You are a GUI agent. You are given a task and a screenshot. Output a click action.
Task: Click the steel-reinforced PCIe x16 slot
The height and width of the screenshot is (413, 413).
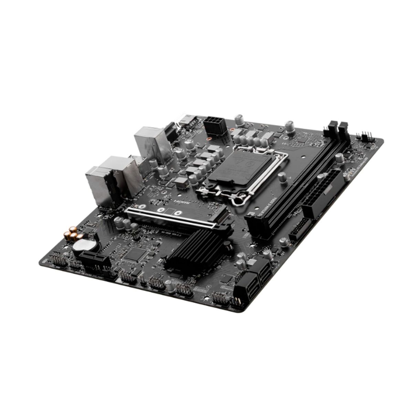click(x=172, y=218)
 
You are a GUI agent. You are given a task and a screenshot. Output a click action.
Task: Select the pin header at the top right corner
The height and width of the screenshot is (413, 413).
click(x=364, y=136)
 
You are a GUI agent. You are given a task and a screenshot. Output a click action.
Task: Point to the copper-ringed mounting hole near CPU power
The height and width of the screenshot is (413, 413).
click(x=209, y=140)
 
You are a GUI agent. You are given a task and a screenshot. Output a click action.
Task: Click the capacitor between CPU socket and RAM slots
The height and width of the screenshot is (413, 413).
click(x=283, y=178)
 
